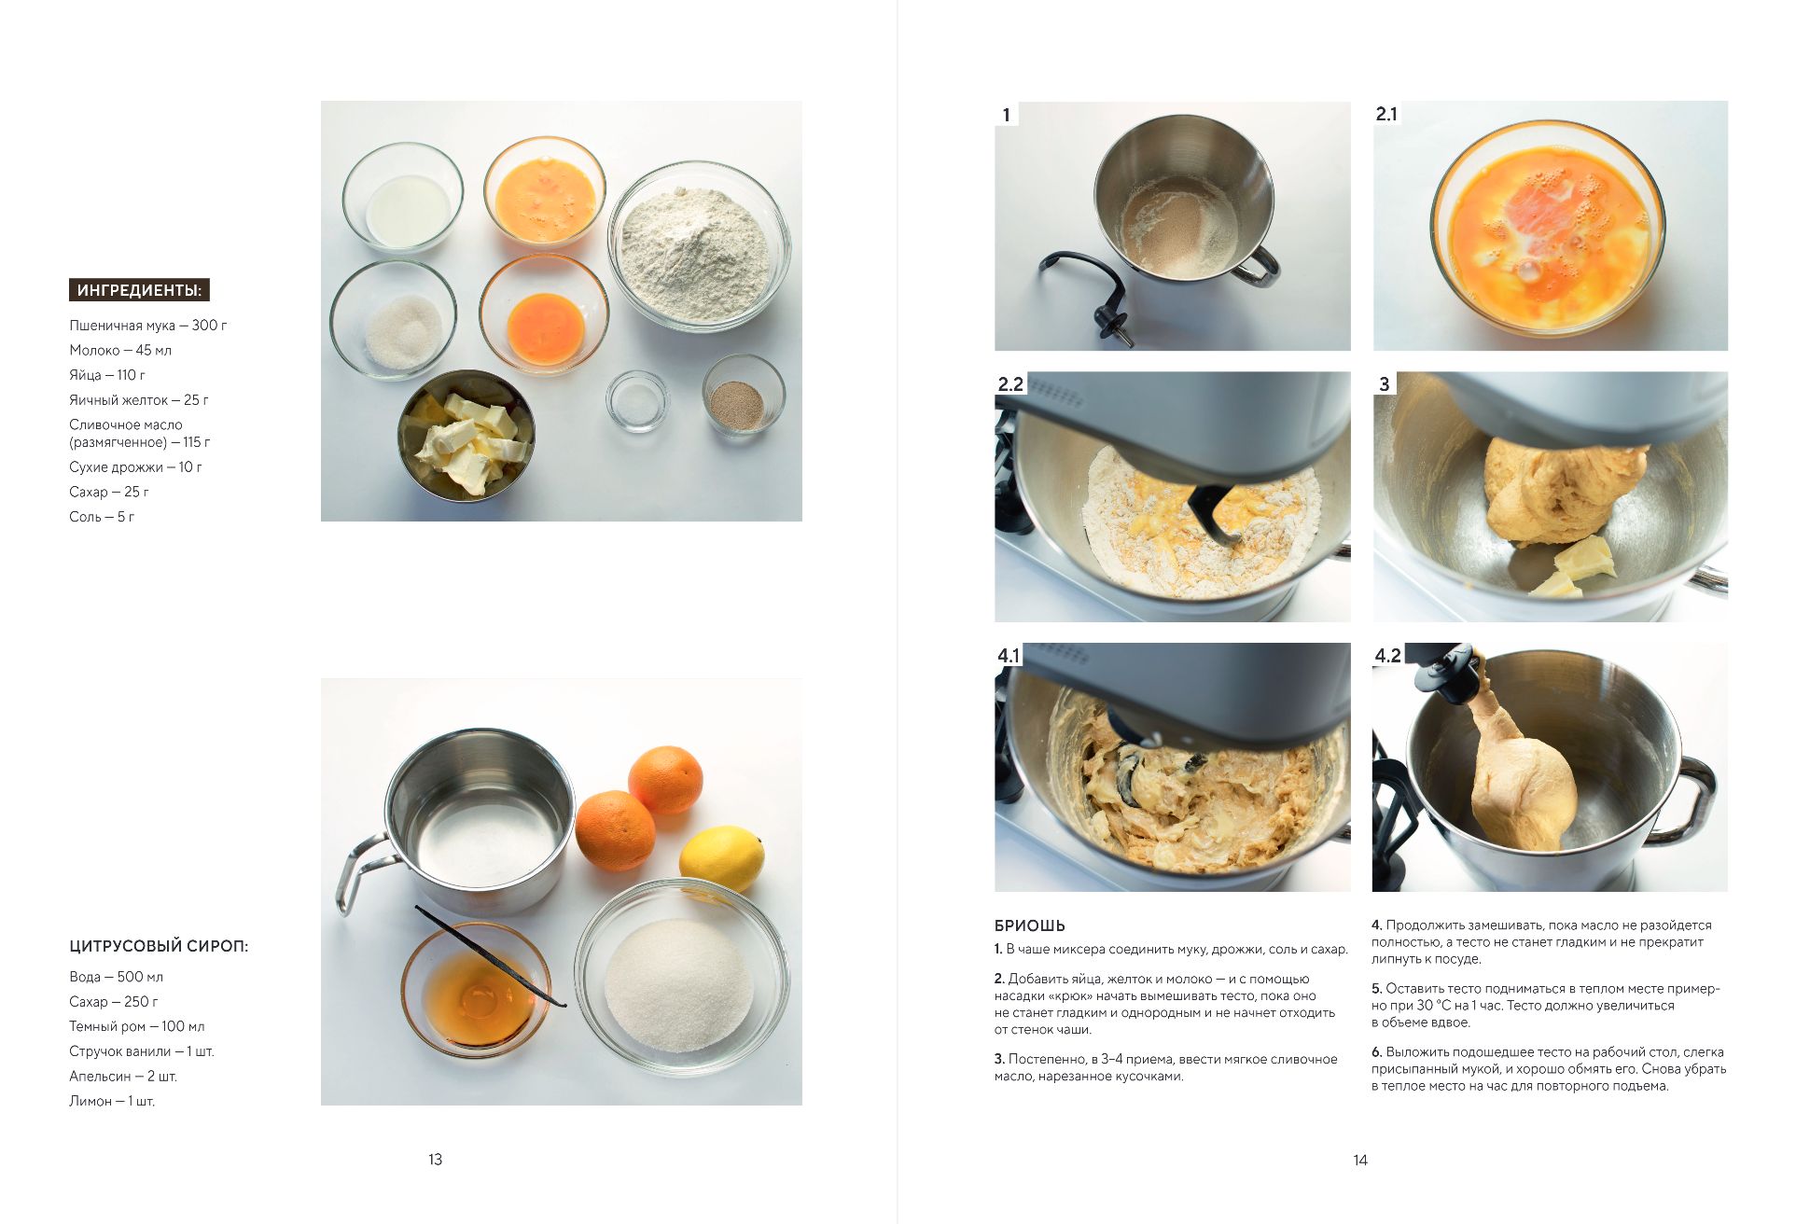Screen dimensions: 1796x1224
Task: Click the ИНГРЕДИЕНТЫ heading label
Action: [x=139, y=290]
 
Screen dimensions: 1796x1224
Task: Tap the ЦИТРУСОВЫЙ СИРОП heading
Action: [x=159, y=946]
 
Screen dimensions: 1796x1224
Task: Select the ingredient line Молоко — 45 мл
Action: [x=120, y=350]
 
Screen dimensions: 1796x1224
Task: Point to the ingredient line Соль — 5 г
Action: [x=102, y=516]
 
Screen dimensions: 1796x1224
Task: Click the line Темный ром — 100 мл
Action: [x=137, y=1026]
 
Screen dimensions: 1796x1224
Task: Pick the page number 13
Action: [x=435, y=1160]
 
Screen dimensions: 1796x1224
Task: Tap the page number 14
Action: [x=1360, y=1160]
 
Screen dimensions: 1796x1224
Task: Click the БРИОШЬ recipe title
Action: [x=1030, y=925]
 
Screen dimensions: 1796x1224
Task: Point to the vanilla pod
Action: [x=491, y=955]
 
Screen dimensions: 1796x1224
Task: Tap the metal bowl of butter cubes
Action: [x=466, y=435]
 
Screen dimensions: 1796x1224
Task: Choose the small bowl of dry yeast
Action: [x=744, y=395]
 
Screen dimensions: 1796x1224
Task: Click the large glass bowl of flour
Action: [x=699, y=246]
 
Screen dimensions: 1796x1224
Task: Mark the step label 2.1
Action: [x=1386, y=114]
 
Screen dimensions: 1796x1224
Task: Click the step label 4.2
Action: [x=1387, y=655]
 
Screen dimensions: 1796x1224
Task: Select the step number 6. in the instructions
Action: [x=1377, y=1051]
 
